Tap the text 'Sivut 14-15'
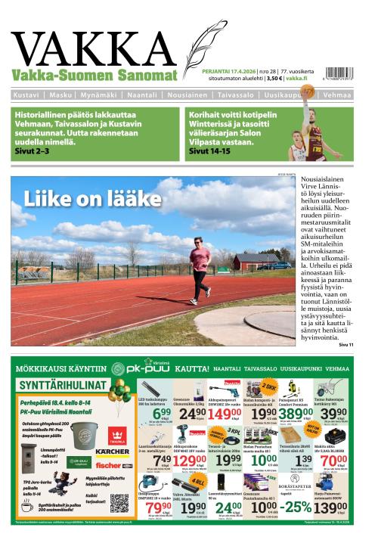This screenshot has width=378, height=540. click(211, 151)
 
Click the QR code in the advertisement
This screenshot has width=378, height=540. click(119, 502)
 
